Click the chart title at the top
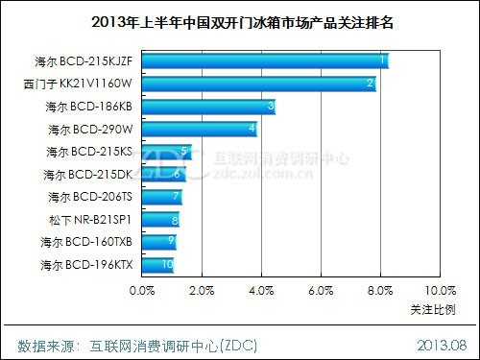pos(240,20)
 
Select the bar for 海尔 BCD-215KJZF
pos(264,61)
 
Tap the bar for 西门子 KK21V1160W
pos(258,84)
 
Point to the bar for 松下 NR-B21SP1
pos(160,220)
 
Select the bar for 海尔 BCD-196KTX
pos(157,265)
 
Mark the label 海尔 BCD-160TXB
pos(89,242)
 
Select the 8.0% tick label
pos(380,289)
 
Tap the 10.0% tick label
pos(438,289)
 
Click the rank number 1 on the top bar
pos(383,60)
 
